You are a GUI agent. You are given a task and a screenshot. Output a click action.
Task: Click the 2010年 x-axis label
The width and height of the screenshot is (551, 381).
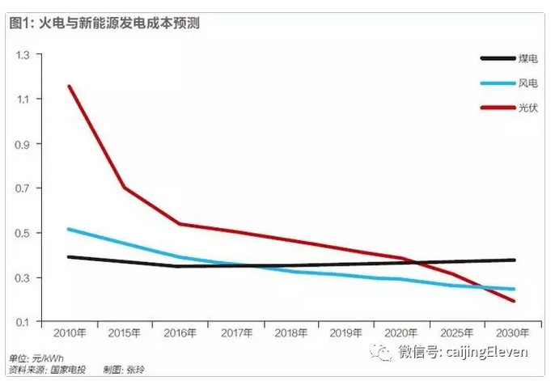(x=70, y=333)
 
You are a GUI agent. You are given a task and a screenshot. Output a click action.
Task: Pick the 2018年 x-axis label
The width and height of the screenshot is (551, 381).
(x=291, y=333)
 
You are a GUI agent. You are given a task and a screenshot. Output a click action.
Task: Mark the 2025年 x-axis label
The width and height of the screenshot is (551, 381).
(x=458, y=333)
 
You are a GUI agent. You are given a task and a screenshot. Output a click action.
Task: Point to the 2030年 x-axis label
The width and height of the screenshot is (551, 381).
(x=513, y=333)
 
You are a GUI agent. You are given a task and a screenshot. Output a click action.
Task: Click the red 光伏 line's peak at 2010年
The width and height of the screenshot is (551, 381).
(x=70, y=86)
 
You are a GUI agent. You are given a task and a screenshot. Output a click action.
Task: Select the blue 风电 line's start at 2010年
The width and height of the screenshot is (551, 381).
(x=70, y=229)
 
